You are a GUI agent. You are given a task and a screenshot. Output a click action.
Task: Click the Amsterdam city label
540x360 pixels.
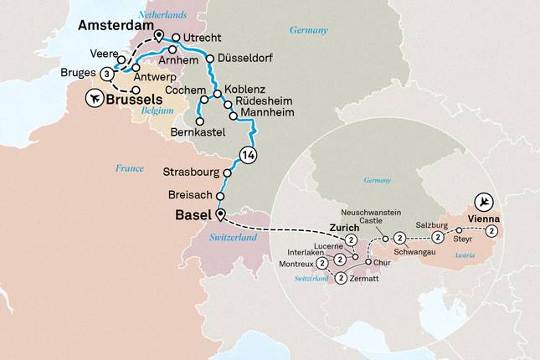click(x=118, y=27)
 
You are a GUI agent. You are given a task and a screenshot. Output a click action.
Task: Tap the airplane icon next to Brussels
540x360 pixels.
click(x=95, y=99)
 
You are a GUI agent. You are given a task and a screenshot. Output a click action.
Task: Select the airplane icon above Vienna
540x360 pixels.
click(x=482, y=202)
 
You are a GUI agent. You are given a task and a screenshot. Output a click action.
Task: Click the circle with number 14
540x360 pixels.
click(x=247, y=155)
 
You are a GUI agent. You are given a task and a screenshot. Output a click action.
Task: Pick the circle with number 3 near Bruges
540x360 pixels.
click(x=106, y=75)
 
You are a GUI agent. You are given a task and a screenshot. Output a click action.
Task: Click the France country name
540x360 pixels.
click(x=131, y=169)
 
